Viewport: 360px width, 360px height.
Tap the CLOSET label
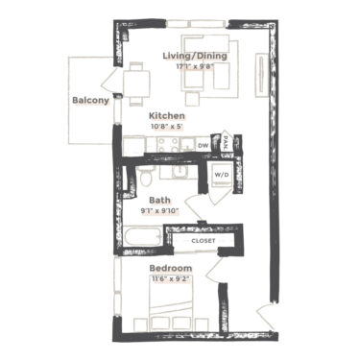click(204, 242)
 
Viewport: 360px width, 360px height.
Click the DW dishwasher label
click(204, 146)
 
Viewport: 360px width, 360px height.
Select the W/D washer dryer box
click(221, 175)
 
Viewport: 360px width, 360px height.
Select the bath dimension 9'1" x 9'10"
click(146, 210)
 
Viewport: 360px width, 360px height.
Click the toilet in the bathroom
click(144, 179)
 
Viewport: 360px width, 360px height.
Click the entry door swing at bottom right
click(267, 312)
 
